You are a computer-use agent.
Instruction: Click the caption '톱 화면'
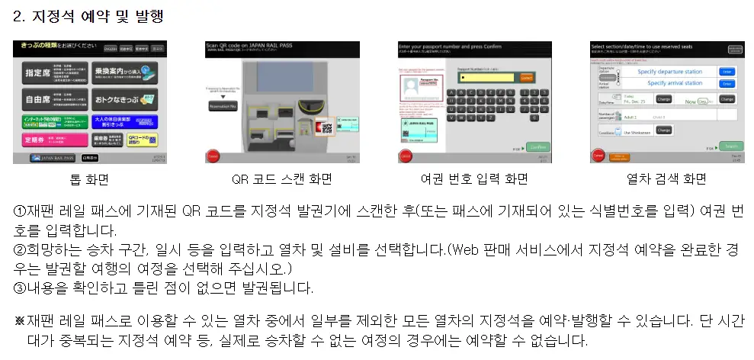pyautogui.click(x=88, y=180)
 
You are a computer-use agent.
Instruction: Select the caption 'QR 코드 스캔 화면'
pyautogui.click(x=282, y=180)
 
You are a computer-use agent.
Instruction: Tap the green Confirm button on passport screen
pyautogui.click(x=537, y=146)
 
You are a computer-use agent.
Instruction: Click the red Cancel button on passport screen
pyautogui.click(x=404, y=156)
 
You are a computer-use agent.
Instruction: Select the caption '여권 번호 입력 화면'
pyautogui.click(x=473, y=180)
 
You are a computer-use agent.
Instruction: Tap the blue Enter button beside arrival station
pyautogui.click(x=727, y=84)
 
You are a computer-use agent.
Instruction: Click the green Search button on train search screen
pyautogui.click(x=730, y=146)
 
